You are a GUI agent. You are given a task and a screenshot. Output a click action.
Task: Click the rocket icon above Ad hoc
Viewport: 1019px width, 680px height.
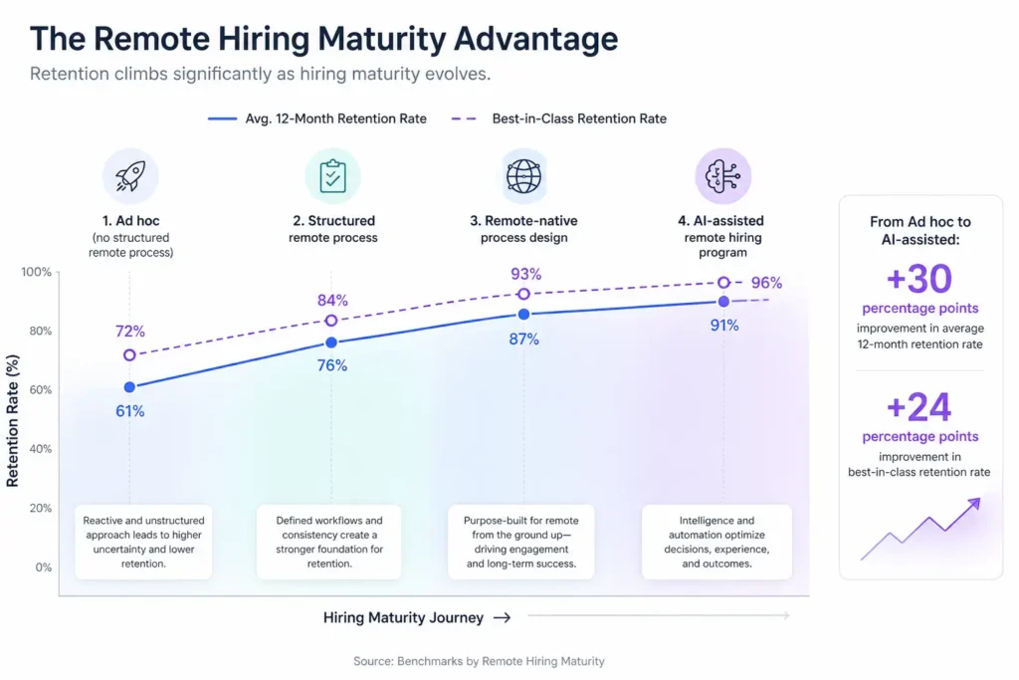(x=130, y=176)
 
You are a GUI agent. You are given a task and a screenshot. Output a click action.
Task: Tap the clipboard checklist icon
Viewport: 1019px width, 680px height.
(x=332, y=176)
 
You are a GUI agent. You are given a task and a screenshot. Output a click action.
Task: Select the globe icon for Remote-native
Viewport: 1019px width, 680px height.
(x=524, y=176)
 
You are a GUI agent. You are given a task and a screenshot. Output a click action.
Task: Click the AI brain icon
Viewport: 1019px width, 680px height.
(x=722, y=176)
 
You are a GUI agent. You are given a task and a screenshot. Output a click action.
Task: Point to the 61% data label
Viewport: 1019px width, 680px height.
(x=129, y=411)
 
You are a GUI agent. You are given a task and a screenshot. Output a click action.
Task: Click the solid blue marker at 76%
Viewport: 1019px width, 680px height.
(x=331, y=342)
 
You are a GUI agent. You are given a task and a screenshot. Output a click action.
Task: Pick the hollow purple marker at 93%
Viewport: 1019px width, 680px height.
(x=524, y=294)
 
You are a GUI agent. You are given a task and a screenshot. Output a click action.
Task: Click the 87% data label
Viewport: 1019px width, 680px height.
(x=523, y=339)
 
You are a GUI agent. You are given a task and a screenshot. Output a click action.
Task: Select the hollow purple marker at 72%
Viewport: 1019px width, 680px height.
(x=129, y=355)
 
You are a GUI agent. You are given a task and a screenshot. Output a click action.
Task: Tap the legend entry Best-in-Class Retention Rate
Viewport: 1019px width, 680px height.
(x=578, y=118)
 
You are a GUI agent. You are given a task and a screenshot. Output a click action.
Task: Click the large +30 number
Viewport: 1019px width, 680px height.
(x=918, y=280)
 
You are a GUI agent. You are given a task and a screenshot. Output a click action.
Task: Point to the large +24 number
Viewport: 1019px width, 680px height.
(x=918, y=407)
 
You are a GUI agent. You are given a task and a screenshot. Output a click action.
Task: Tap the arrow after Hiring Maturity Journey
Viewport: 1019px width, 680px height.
(x=503, y=617)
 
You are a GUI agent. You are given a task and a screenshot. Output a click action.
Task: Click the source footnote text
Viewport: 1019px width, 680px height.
(x=479, y=661)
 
